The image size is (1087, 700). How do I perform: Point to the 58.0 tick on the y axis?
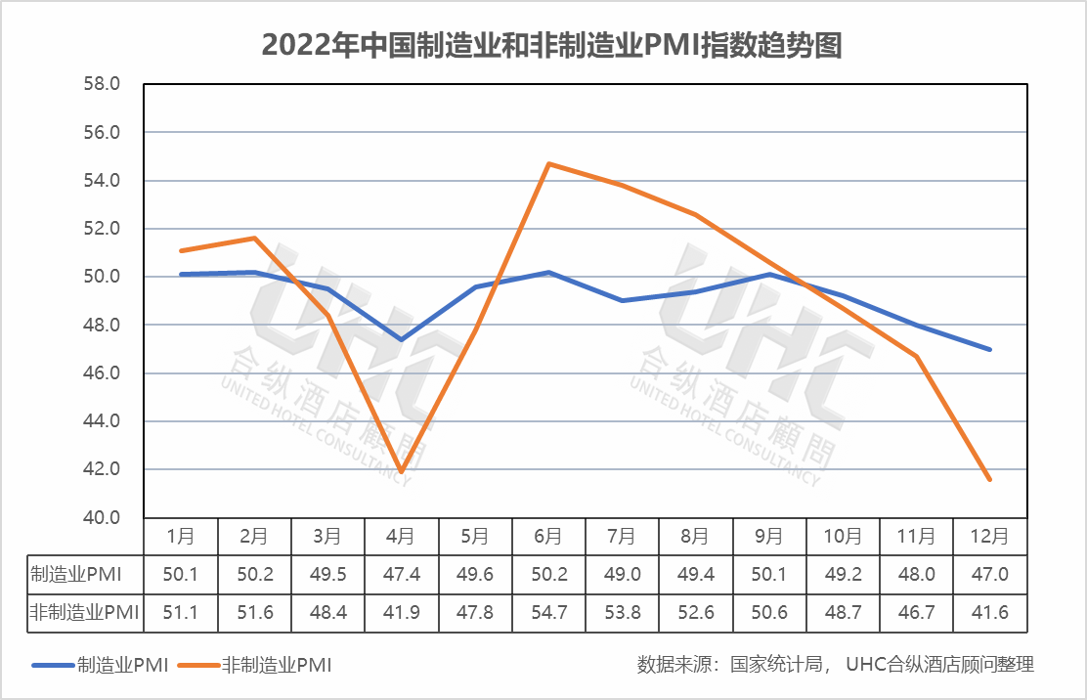102,84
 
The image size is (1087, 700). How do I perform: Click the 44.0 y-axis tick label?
102,421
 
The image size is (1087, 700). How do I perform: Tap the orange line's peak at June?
548,163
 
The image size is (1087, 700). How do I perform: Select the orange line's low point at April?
401,472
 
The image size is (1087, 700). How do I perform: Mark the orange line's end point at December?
990,479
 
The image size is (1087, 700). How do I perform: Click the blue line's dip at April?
401,339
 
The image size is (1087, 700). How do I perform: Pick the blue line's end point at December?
990,349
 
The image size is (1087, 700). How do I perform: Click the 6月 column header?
548,536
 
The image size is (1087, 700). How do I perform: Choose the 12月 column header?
990,536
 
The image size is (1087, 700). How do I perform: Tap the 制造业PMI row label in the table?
72,574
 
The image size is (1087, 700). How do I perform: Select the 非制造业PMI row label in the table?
72,613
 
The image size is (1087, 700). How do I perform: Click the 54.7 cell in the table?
548,613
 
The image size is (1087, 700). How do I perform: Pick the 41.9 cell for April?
401,613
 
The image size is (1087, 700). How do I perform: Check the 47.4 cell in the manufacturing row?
401,574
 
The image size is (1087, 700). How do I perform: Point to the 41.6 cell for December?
990,613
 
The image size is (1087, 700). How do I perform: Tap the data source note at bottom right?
835,665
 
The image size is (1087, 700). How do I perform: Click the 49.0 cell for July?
622,574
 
